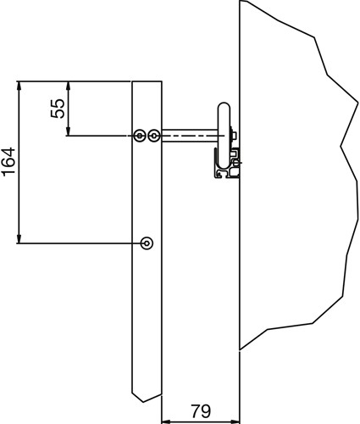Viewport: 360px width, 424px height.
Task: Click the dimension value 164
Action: [8, 162]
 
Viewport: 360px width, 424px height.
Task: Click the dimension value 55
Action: [58, 109]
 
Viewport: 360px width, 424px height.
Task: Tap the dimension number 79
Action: [201, 411]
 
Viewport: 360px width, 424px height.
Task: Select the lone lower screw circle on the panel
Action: [147, 243]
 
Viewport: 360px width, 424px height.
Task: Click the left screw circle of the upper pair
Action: [140, 136]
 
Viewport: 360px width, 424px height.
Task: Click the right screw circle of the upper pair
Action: [154, 136]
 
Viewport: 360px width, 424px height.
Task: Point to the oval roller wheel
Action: [224, 136]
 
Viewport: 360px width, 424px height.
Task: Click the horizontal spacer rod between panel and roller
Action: [190, 136]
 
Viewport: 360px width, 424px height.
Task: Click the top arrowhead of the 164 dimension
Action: [19, 85]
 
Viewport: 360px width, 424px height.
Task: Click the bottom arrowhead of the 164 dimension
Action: [19, 239]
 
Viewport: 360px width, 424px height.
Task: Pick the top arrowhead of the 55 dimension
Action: [68, 85]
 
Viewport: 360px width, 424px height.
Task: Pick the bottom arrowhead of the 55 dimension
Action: [68, 132]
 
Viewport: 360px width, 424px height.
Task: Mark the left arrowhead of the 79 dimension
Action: [166, 421]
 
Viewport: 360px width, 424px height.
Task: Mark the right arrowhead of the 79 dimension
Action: [235, 421]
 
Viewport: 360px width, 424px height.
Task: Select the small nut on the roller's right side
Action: [234, 136]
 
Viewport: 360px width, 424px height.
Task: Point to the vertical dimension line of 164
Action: [19, 162]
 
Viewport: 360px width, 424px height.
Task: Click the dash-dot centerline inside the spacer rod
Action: [193, 136]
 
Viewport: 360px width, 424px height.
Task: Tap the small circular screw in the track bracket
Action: [236, 163]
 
